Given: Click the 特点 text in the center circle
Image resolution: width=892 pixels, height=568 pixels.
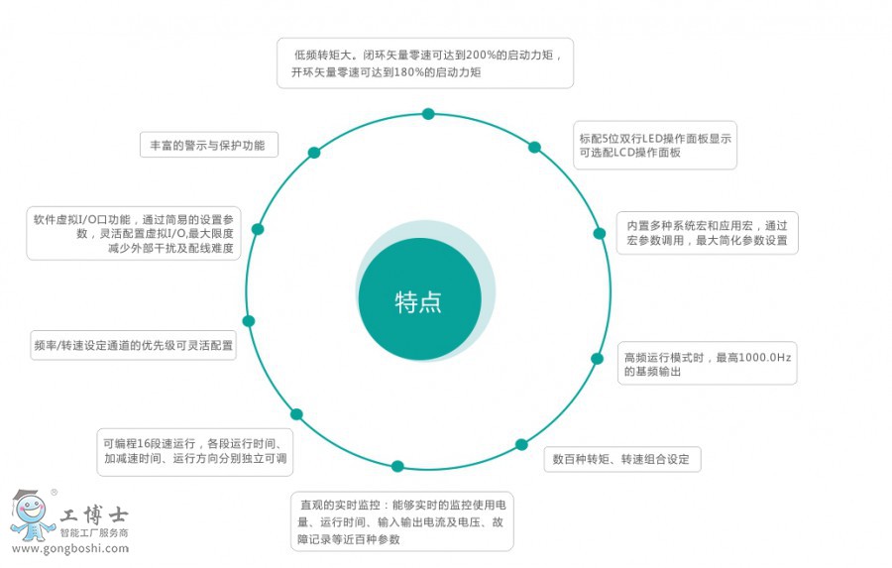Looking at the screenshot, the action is pyautogui.click(x=418, y=302).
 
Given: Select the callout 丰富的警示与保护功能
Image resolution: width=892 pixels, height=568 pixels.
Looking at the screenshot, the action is pyautogui.click(x=209, y=145).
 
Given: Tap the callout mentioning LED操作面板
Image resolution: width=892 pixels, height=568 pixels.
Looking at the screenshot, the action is pyautogui.click(x=655, y=145).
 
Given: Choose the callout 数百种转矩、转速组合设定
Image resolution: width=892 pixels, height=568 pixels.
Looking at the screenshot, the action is pyautogui.click(x=622, y=459).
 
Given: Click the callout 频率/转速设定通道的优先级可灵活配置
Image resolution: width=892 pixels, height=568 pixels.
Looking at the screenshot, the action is pyautogui.click(x=133, y=346).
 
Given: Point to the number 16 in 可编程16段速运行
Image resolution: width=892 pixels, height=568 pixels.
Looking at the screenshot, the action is pyautogui.click(x=145, y=443).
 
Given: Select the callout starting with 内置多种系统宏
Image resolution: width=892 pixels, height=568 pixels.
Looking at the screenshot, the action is pyautogui.click(x=707, y=233).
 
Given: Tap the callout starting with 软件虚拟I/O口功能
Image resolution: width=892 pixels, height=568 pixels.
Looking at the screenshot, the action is pyautogui.click(x=134, y=233).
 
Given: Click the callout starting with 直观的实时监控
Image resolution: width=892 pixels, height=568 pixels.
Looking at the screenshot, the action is pyautogui.click(x=402, y=521).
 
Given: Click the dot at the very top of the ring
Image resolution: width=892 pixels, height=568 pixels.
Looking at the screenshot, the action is pyautogui.click(x=428, y=114).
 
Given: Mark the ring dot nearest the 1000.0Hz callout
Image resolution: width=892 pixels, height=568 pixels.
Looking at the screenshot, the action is pyautogui.click(x=597, y=359).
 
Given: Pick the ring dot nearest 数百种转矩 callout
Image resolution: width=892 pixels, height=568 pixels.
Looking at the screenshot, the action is pyautogui.click(x=521, y=444).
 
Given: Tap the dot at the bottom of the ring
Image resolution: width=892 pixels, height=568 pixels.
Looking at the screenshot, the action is pyautogui.click(x=397, y=466).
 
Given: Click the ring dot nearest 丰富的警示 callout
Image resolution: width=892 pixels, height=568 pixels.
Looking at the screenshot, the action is pyautogui.click(x=314, y=153).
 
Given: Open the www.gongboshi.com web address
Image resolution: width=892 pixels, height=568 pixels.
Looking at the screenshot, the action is pyautogui.click(x=70, y=548).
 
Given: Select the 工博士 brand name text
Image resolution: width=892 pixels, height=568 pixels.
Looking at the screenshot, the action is pyautogui.click(x=94, y=515).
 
